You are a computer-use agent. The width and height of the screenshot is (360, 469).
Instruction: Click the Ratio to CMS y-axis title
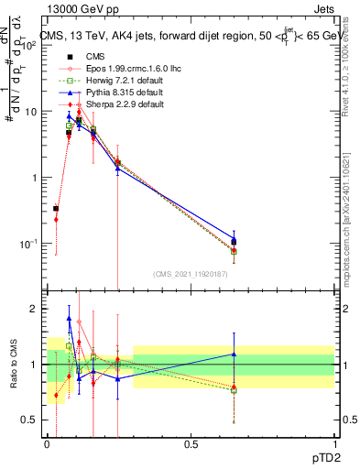[x=12, y=365]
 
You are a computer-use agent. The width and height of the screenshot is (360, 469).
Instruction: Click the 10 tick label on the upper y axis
[x=32, y=112]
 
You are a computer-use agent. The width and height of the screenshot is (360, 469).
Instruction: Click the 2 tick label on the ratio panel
[x=36, y=310]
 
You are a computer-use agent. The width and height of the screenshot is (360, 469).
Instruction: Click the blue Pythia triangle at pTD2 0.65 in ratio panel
[x=235, y=354]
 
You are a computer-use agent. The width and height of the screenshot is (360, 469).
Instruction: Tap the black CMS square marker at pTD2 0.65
[x=235, y=242]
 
